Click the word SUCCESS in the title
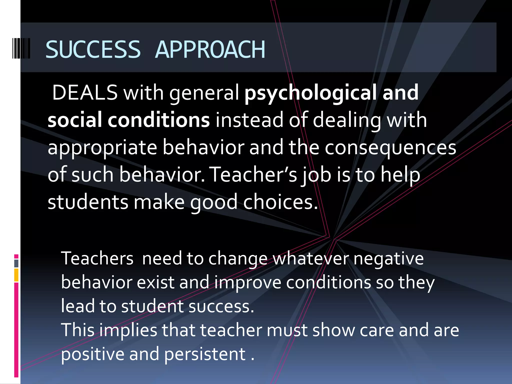tap(93, 49)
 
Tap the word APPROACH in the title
tap(210, 49)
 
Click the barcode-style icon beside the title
tap(21, 48)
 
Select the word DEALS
tap(85, 92)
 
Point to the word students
tap(88, 202)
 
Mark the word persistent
tap(205, 354)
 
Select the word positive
tap(93, 354)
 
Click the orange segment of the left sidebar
tap(16, 275)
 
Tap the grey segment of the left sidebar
tap(16, 263)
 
